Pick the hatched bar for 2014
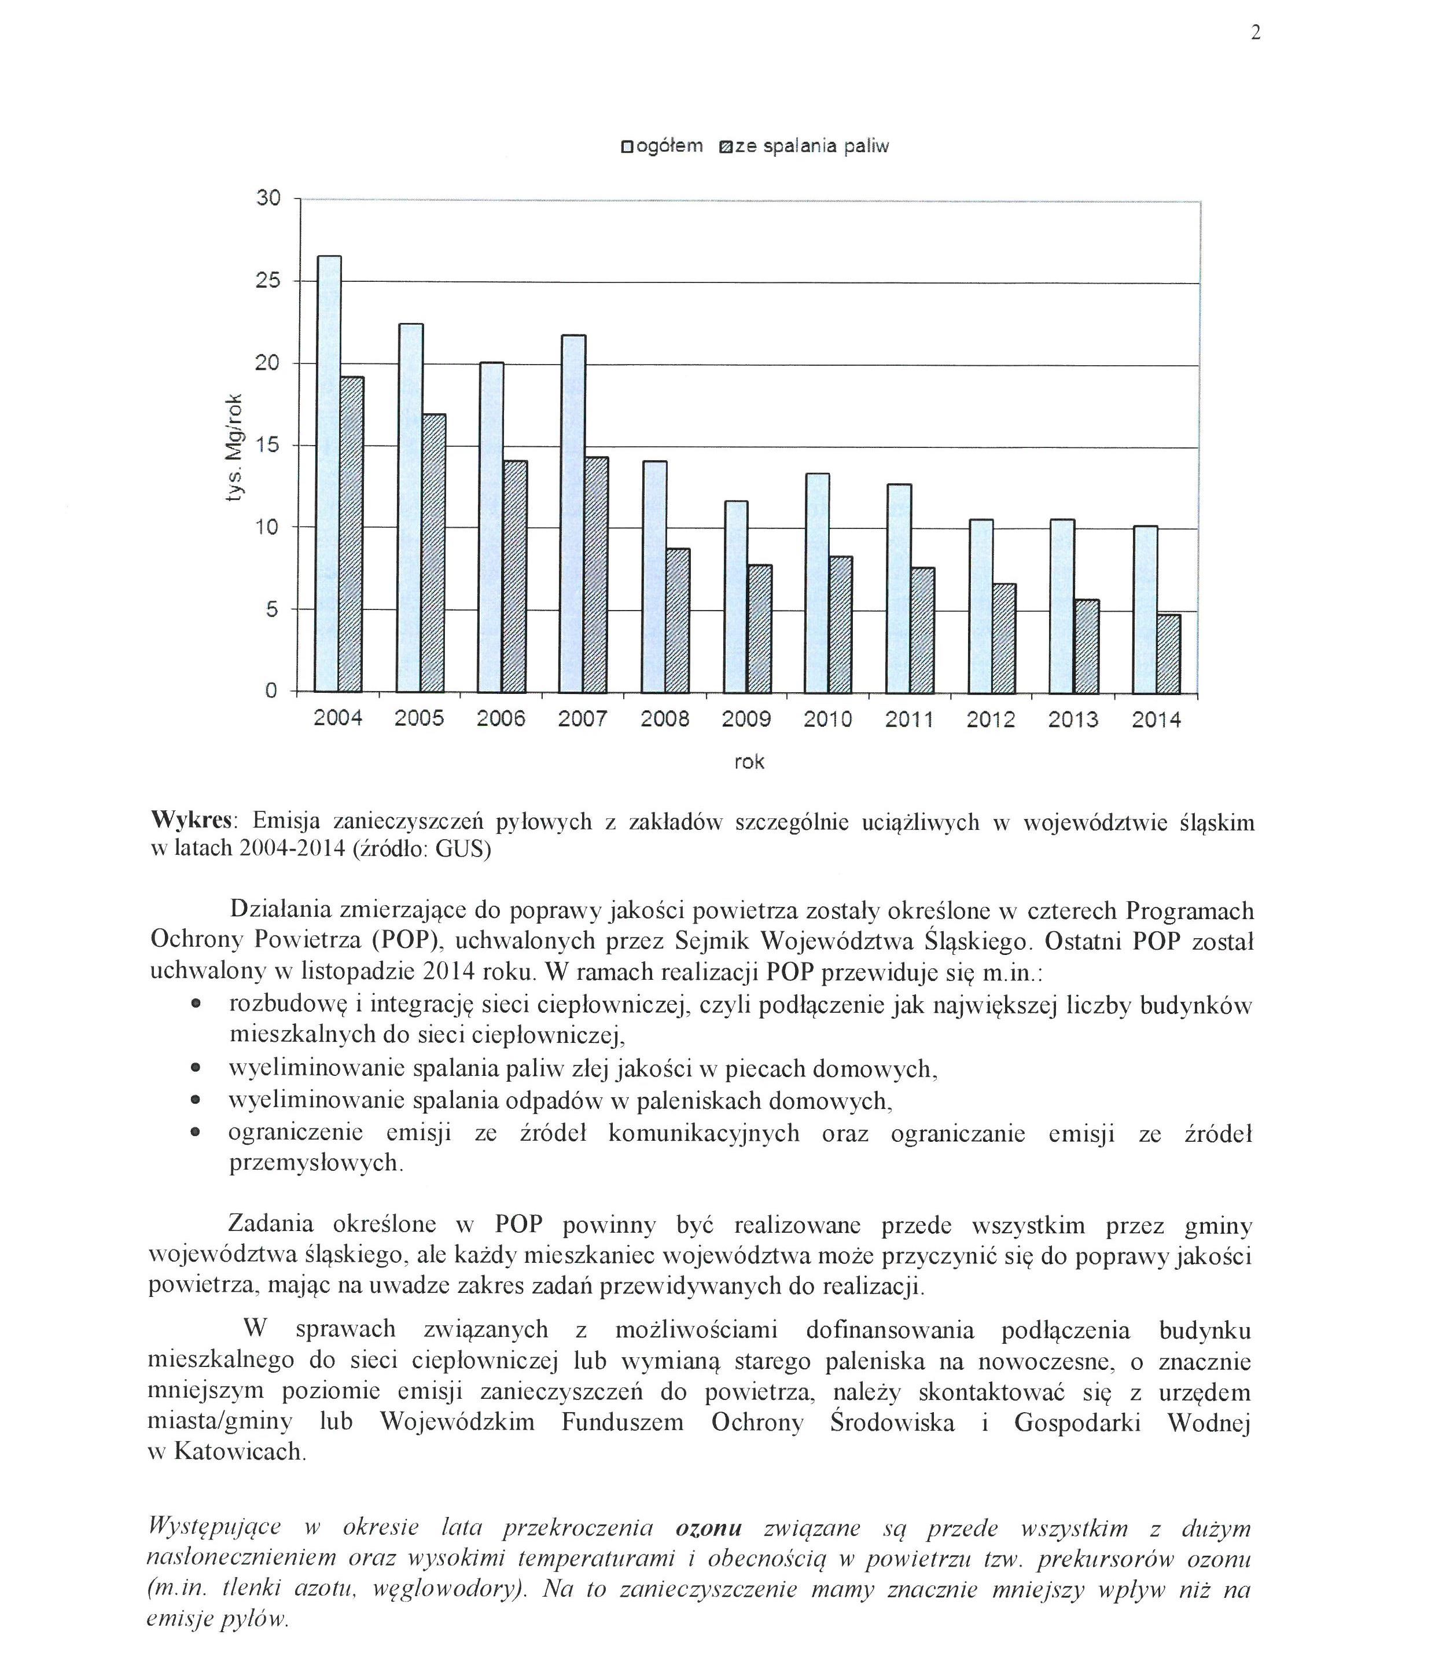(1169, 653)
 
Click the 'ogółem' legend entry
(662, 146)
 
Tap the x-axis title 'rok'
(749, 762)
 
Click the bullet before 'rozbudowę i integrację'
(195, 1005)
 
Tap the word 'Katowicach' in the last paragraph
(237, 1451)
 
